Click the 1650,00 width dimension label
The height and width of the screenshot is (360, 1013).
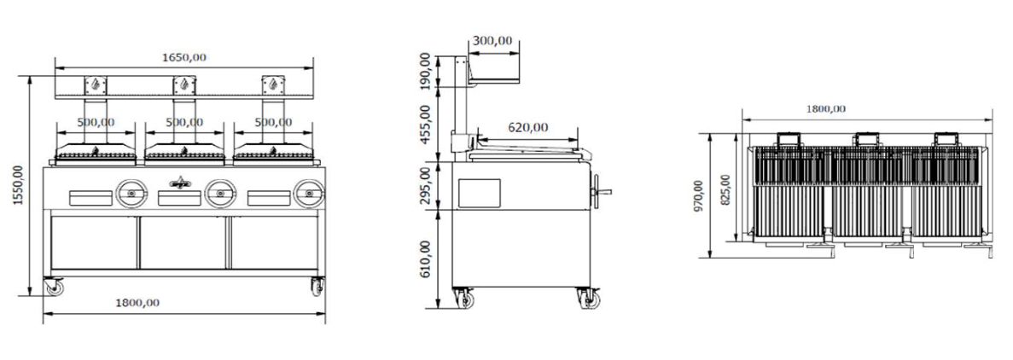click(x=184, y=57)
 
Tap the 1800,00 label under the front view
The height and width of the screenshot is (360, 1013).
click(x=137, y=303)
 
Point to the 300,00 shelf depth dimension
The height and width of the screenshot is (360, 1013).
click(x=492, y=41)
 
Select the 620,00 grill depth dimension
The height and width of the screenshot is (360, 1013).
click(x=527, y=128)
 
